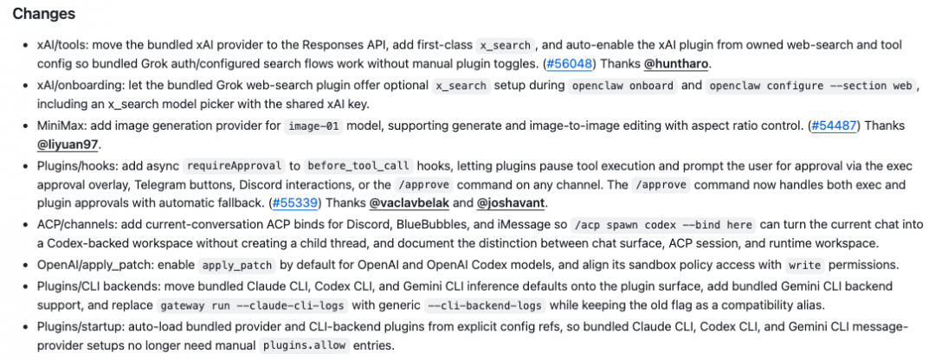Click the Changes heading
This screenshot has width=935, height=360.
click(43, 14)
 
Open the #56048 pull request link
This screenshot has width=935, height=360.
click(569, 63)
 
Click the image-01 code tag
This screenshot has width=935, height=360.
click(314, 126)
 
